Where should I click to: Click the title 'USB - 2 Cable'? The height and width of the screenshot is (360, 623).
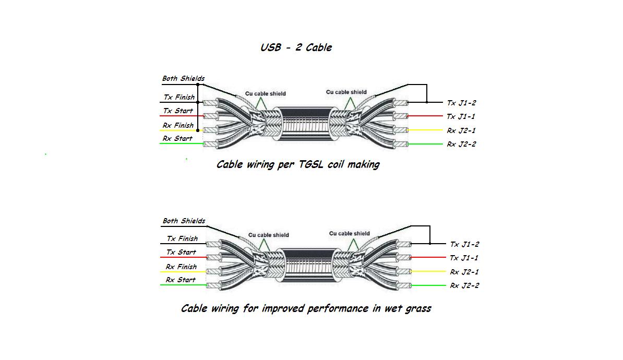point(296,47)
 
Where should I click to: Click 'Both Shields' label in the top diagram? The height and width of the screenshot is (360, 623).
point(183,79)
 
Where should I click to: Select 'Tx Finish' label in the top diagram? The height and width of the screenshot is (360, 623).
point(179,97)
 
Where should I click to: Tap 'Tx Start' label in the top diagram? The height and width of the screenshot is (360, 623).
point(178,111)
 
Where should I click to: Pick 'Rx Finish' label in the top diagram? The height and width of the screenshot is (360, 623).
point(178,125)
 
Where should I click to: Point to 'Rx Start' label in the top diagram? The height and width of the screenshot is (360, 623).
point(177,138)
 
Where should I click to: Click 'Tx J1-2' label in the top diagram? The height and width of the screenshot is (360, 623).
point(461,103)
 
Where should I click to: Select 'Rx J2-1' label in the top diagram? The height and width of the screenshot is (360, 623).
point(461,130)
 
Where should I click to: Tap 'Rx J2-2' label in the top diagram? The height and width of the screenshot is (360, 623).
point(461,144)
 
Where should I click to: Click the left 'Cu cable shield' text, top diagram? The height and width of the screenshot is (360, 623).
point(266,94)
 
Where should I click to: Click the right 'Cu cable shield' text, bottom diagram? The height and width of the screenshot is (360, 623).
point(349,233)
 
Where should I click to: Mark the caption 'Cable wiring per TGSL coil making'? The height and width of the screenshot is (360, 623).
point(298,164)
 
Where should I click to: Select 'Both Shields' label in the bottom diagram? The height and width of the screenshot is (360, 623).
point(184,221)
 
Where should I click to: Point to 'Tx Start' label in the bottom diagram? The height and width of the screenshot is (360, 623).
point(181,252)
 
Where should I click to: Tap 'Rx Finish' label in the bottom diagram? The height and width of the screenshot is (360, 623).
point(181,267)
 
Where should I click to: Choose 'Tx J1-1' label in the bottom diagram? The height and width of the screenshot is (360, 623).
point(464,258)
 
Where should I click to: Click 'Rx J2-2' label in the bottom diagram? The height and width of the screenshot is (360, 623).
point(464,285)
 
